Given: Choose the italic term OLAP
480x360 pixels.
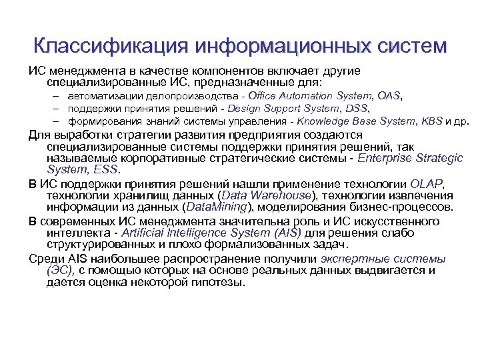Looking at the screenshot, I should tap(427, 183).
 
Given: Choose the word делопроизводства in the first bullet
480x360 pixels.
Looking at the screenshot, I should tap(171, 96).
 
